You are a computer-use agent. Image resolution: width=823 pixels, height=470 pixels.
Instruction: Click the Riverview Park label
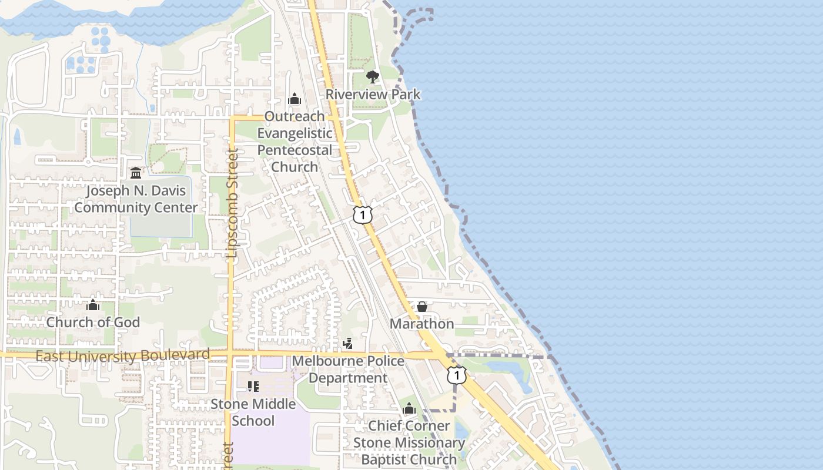(x=373, y=94)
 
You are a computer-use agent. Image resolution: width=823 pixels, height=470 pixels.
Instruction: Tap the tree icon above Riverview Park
(x=373, y=76)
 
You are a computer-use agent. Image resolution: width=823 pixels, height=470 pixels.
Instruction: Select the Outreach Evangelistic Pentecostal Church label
(x=295, y=142)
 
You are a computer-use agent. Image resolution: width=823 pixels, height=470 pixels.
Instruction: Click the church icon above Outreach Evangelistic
(x=295, y=99)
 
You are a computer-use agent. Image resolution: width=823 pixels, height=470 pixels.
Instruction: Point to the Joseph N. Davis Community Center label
(x=136, y=199)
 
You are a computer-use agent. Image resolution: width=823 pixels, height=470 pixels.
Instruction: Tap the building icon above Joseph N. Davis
(x=136, y=173)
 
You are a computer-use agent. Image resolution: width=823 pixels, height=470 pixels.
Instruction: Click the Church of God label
(x=93, y=322)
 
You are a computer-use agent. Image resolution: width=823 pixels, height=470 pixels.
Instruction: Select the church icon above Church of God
(x=93, y=305)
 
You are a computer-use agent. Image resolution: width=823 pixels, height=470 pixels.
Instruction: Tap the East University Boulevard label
(x=122, y=355)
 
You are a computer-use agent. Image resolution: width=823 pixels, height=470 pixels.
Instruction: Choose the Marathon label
(x=422, y=324)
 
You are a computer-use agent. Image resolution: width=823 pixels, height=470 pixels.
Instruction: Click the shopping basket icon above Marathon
(x=422, y=307)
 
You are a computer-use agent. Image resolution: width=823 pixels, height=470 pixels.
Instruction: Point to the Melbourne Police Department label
(x=348, y=369)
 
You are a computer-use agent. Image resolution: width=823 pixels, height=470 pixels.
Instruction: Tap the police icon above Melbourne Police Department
(x=348, y=344)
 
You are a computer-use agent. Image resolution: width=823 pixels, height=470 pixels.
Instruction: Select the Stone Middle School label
(x=253, y=412)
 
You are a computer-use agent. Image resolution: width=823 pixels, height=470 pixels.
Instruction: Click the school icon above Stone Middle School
(x=253, y=387)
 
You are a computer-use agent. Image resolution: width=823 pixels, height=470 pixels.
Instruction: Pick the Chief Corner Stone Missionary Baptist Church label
(x=409, y=442)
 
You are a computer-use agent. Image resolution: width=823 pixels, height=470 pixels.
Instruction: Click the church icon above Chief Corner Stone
(x=409, y=409)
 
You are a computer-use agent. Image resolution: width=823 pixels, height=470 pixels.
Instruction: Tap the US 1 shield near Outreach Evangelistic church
(x=363, y=215)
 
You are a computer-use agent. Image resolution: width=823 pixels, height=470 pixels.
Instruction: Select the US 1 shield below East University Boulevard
(x=457, y=375)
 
